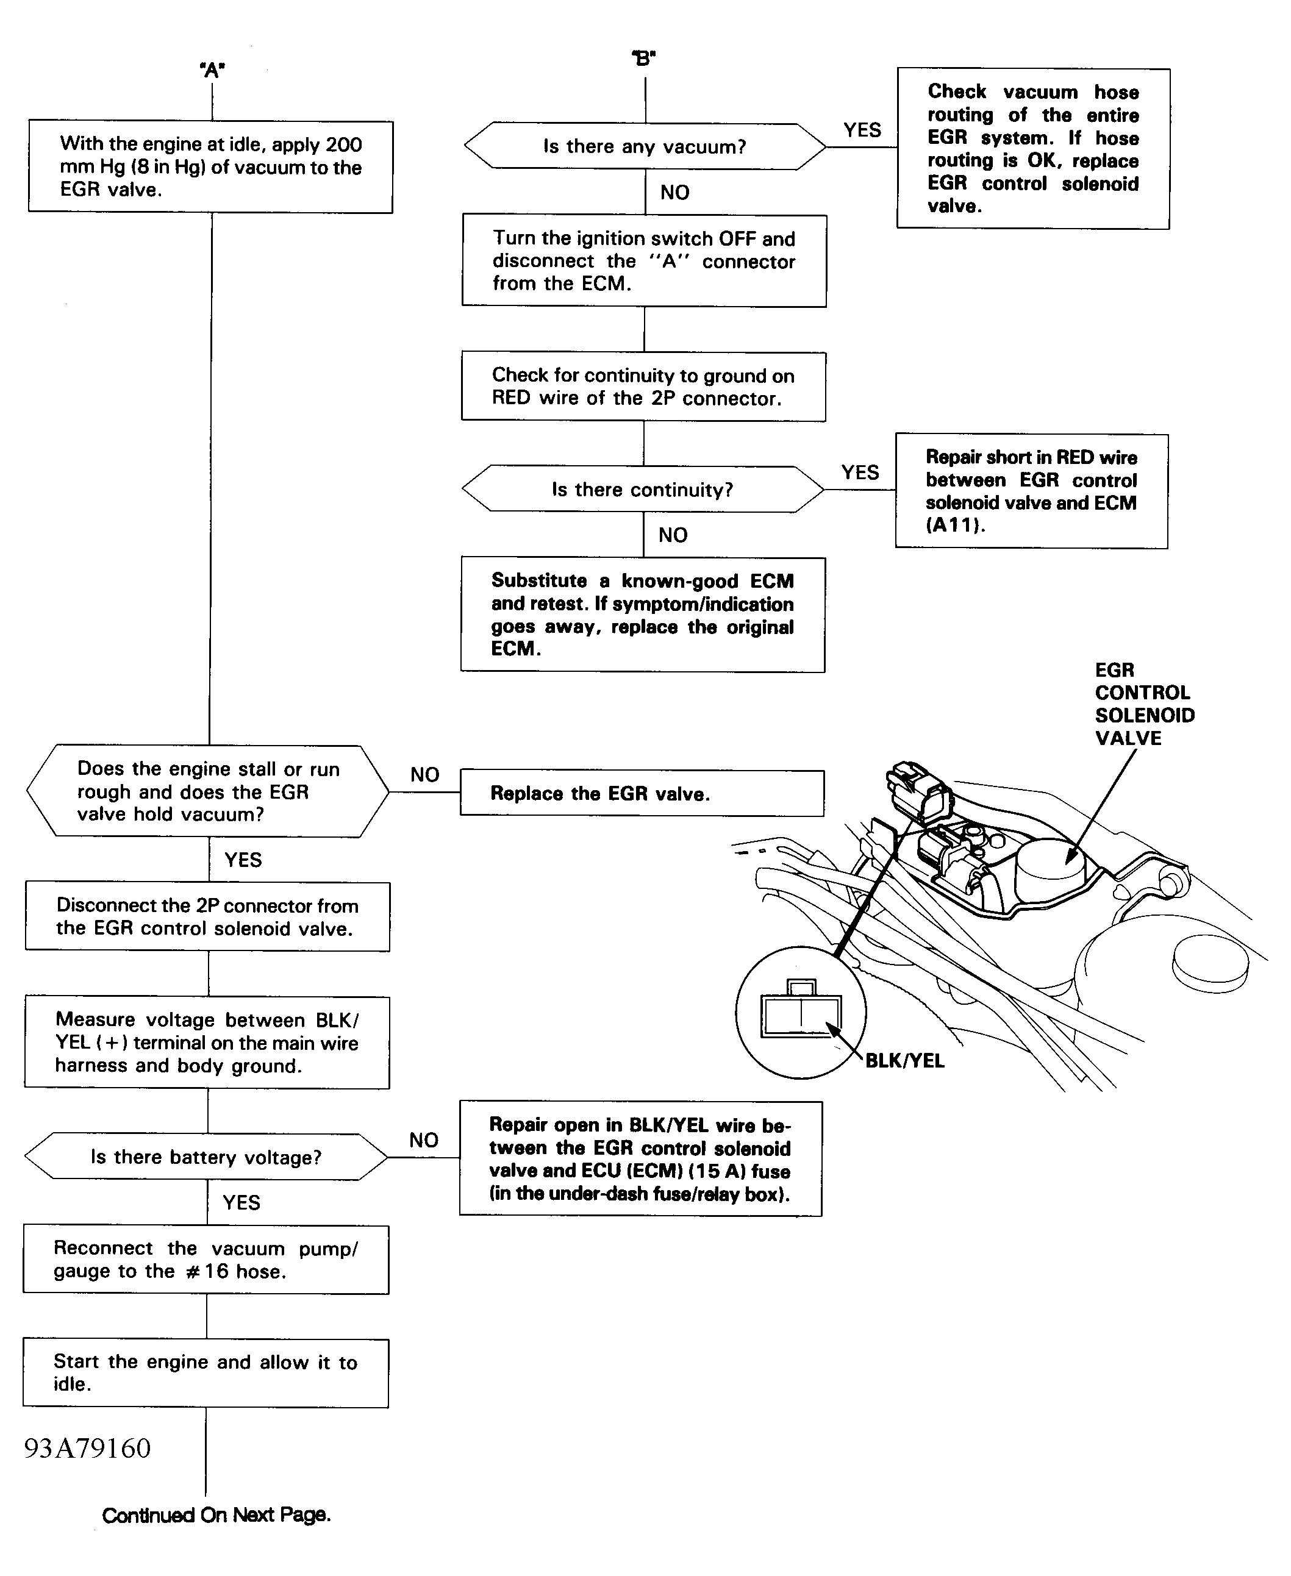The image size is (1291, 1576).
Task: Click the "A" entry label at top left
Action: click(x=213, y=70)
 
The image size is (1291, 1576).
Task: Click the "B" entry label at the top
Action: click(x=644, y=58)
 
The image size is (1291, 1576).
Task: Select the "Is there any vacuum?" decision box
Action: click(x=644, y=146)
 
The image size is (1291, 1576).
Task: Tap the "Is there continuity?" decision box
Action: click(x=643, y=489)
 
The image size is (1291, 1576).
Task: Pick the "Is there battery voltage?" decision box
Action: click(x=206, y=1157)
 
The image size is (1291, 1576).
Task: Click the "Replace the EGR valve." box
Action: click(x=642, y=793)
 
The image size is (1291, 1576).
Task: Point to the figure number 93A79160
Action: click(x=88, y=1448)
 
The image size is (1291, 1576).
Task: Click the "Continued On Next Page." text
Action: click(x=216, y=1515)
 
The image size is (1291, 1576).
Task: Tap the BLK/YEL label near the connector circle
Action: click(x=904, y=1061)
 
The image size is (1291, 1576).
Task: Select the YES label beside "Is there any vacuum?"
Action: click(x=862, y=130)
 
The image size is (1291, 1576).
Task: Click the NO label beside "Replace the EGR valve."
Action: click(x=424, y=775)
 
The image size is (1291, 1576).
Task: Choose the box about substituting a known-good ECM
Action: click(x=643, y=615)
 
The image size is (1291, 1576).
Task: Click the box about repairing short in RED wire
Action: click(x=1031, y=491)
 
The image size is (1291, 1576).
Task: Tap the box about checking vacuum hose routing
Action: click(x=1033, y=149)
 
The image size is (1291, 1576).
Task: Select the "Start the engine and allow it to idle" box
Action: click(x=206, y=1373)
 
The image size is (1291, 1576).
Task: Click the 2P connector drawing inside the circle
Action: click(x=801, y=1013)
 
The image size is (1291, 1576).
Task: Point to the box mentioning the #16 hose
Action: click(x=206, y=1260)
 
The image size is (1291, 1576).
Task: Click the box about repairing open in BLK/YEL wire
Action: click(x=640, y=1159)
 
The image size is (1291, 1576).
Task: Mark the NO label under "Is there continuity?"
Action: click(x=673, y=535)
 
